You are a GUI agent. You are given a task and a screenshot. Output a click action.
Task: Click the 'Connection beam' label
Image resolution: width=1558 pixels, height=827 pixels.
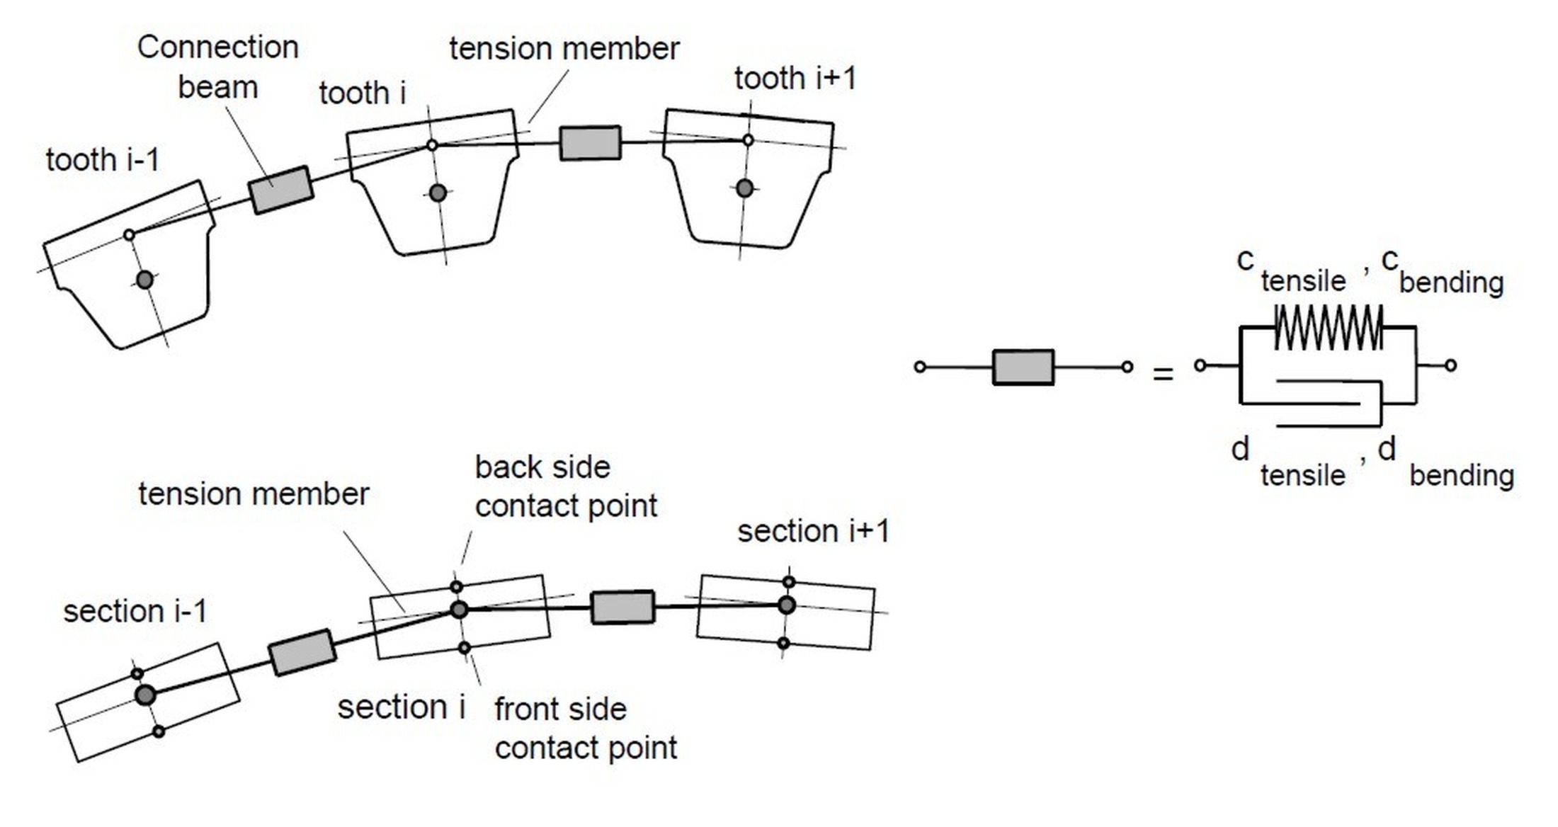pyautogui.click(x=217, y=67)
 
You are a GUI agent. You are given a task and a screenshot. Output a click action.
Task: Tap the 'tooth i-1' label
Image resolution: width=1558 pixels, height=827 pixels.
pyautogui.click(x=103, y=160)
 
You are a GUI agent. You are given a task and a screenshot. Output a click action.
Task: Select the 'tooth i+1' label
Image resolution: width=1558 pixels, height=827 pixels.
pyautogui.click(x=795, y=79)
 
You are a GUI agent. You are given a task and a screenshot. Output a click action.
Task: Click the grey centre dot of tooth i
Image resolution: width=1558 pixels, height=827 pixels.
pyautogui.click(x=438, y=193)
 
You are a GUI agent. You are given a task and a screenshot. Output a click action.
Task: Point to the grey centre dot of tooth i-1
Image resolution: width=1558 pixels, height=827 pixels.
pyautogui.click(x=144, y=280)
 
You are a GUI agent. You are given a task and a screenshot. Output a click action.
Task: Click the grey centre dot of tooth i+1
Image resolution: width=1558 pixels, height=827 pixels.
pyautogui.click(x=744, y=188)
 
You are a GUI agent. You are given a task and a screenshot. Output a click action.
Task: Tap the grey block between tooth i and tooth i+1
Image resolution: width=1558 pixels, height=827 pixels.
pyautogui.click(x=590, y=143)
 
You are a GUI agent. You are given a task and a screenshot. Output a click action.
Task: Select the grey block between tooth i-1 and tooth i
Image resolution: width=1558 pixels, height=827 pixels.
pyautogui.click(x=280, y=190)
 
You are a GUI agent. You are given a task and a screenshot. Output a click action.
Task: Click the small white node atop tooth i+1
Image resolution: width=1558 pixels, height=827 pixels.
pyautogui.click(x=748, y=140)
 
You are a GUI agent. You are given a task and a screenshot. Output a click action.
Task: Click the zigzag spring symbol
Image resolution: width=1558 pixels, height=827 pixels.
pyautogui.click(x=1328, y=327)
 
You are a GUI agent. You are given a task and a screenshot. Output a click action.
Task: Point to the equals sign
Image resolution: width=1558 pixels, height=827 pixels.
pyautogui.click(x=1163, y=374)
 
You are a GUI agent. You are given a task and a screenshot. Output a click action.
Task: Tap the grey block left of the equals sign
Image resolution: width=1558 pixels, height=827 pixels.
pyautogui.click(x=1023, y=367)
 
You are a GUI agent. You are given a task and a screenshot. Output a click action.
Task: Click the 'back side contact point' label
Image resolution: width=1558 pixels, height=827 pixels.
pyautogui.click(x=565, y=486)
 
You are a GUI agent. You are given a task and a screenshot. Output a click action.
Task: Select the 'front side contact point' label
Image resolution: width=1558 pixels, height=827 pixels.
pyautogui.click(x=585, y=728)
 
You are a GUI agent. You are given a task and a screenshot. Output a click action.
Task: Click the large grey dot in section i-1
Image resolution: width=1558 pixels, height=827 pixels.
pyautogui.click(x=145, y=695)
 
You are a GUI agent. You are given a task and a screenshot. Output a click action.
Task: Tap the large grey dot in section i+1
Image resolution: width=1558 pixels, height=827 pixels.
pyautogui.click(x=786, y=605)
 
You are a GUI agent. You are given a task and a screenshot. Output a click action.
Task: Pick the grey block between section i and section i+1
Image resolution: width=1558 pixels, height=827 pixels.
pyautogui.click(x=622, y=608)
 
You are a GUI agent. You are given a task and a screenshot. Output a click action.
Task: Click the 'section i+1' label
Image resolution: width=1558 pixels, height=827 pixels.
pyautogui.click(x=812, y=531)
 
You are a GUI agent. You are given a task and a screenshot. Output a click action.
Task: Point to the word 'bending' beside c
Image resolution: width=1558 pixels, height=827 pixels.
pyautogui.click(x=1451, y=283)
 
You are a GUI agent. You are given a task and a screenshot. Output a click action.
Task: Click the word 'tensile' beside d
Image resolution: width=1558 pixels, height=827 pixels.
pyautogui.click(x=1302, y=475)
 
